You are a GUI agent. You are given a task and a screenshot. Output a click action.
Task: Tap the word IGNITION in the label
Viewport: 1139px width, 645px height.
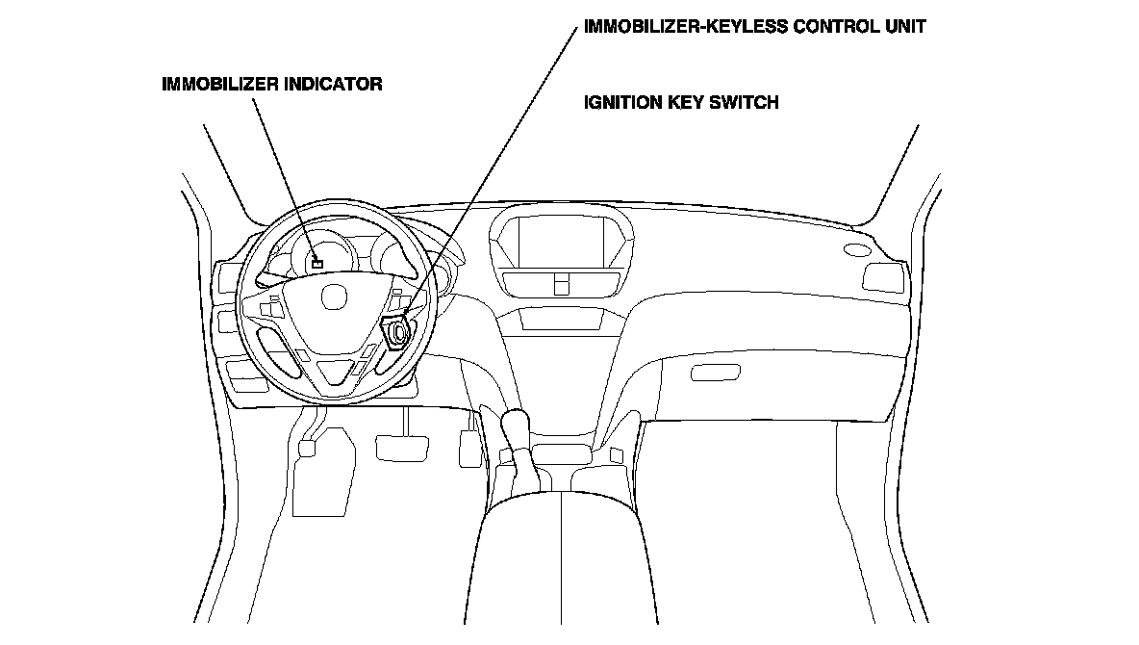tap(621, 102)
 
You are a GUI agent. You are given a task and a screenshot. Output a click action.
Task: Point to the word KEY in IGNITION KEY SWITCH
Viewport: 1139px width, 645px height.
tap(684, 102)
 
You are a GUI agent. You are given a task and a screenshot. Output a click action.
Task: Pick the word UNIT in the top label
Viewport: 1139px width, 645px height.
tap(904, 27)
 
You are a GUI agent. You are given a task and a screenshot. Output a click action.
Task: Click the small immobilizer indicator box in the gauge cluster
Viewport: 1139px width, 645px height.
tap(317, 262)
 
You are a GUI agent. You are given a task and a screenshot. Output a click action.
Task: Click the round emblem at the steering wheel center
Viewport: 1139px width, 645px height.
tap(333, 297)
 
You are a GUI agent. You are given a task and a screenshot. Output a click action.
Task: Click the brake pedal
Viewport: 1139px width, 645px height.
tap(402, 447)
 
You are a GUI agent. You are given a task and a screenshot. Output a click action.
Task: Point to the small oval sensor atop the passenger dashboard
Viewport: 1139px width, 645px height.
tap(854, 249)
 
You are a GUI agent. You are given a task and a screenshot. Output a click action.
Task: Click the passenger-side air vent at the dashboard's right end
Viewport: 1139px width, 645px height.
tap(882, 276)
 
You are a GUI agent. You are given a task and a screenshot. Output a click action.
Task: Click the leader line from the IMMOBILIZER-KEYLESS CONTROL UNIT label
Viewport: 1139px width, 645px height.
tap(500, 164)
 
